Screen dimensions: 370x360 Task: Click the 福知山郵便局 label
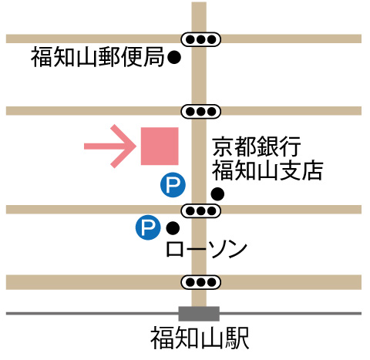pos(98,57)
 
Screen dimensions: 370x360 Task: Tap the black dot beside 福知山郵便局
pos(174,57)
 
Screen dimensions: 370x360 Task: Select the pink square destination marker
pos(160,146)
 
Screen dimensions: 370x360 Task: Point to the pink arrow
pos(110,146)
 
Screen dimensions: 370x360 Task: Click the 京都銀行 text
pos(257,146)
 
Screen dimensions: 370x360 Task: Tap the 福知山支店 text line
pos(267,170)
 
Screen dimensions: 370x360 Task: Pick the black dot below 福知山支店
pos(217,193)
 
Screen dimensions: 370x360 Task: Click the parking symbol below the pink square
pos(173,184)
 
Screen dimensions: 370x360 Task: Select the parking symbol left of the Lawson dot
pos(148,227)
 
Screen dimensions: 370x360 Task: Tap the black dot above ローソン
pos(173,228)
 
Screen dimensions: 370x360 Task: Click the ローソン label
pos(207,249)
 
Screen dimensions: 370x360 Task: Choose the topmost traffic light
pos(200,39)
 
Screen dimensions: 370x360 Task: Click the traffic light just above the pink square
pos(200,112)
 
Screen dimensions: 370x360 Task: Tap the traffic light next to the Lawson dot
pos(200,211)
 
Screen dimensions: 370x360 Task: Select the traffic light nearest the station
pos(200,282)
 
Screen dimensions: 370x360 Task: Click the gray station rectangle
pos(199,314)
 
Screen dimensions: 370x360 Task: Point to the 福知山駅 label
pos(200,338)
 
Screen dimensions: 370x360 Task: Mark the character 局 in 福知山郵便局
pos(153,57)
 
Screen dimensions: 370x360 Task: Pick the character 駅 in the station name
pos(237,338)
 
